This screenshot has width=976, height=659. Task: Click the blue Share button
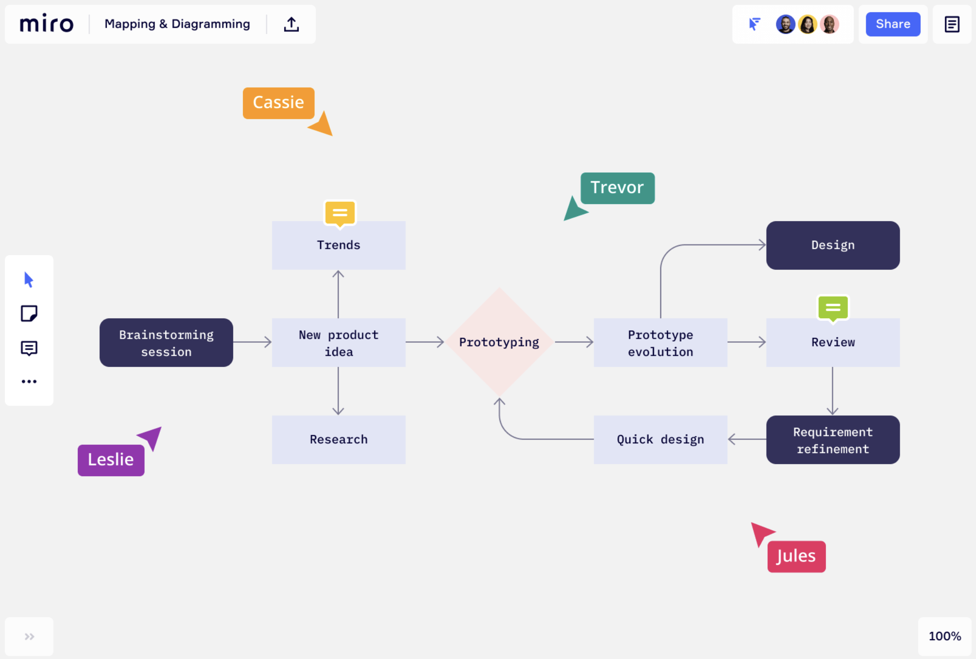point(892,24)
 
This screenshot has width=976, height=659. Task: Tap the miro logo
point(46,23)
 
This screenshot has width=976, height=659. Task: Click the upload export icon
point(291,24)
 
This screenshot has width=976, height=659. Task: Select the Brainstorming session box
point(166,343)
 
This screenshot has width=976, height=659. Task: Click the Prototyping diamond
point(499,342)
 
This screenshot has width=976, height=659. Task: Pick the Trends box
point(339,245)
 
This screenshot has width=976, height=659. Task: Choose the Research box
point(339,440)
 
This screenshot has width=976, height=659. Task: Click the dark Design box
point(833,245)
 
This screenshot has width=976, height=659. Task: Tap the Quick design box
point(660,440)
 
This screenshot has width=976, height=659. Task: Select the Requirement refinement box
point(833,440)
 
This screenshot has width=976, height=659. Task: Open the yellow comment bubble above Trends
point(340,213)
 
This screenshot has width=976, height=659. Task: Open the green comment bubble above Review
point(833,308)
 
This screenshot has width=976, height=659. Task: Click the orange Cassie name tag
point(278,103)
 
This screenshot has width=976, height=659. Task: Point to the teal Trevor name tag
point(617,188)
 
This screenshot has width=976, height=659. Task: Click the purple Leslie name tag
point(111,460)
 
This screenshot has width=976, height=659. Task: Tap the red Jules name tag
point(796,556)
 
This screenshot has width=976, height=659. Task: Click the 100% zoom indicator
point(944,636)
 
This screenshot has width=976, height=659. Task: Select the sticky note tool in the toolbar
point(29,313)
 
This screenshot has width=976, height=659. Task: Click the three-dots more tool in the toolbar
point(29,382)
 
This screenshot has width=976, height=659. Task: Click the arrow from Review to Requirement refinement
point(833,391)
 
